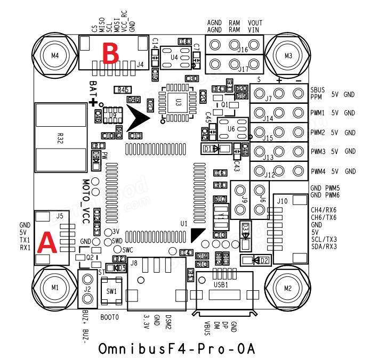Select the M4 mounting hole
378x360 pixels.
pos(54,55)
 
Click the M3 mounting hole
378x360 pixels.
pos(288,54)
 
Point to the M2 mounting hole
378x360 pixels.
pos(288,288)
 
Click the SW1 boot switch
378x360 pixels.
pos(112,292)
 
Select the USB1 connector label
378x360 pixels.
pos(220,285)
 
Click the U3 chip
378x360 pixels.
pos(178,100)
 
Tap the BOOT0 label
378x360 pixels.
pos(109,317)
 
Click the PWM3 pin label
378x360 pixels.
pos(318,152)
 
